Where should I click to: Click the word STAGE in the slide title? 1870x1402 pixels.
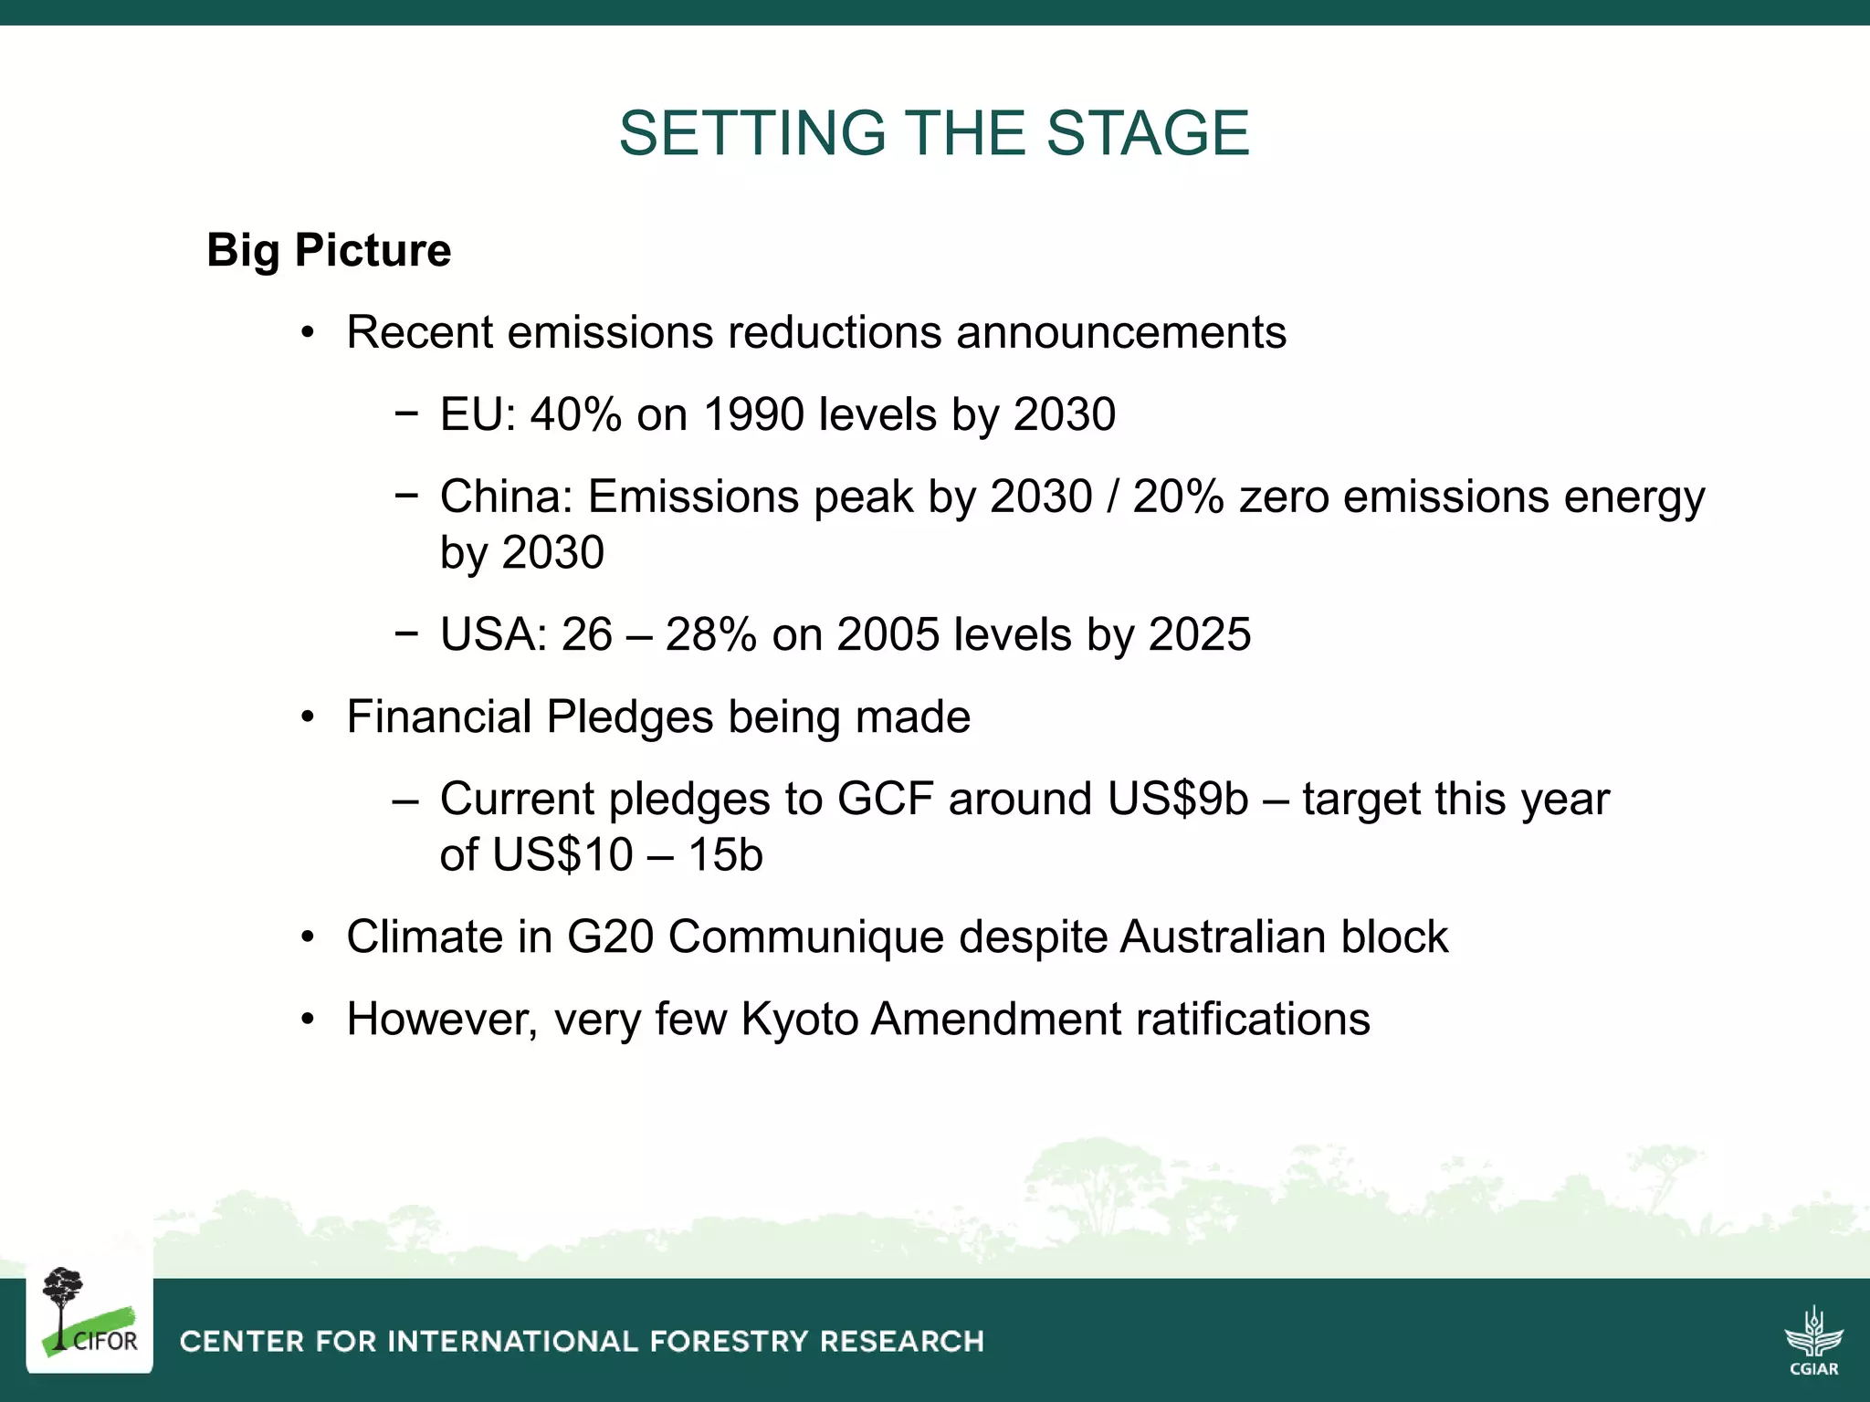point(1147,133)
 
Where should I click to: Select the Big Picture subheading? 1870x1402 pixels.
point(329,250)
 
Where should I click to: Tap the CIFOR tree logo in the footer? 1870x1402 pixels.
point(89,1314)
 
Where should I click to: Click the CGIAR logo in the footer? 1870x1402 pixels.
point(1813,1340)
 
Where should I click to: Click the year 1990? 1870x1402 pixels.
point(753,414)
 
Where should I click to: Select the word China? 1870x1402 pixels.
point(503,497)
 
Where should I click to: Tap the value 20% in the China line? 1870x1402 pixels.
point(1178,497)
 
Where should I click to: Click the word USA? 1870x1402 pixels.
point(490,634)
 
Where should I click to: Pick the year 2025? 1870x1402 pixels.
point(1199,634)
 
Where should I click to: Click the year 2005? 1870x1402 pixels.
point(888,634)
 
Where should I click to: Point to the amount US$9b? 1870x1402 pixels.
point(1177,799)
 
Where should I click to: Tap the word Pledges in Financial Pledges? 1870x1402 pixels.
point(629,717)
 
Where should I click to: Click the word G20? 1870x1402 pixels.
point(610,937)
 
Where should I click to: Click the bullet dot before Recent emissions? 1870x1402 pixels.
point(308,333)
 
